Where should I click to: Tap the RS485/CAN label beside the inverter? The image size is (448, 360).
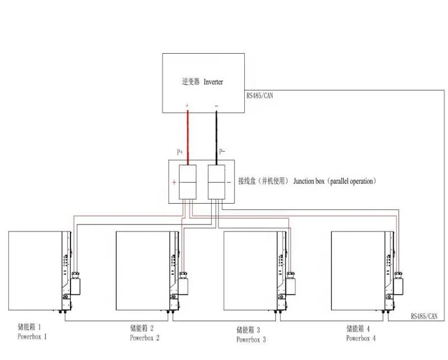click(260, 96)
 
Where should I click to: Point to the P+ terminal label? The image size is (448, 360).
click(180, 152)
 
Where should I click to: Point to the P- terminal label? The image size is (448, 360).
click(222, 152)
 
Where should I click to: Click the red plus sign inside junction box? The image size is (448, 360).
click(174, 183)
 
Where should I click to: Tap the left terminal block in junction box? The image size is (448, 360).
click(187, 182)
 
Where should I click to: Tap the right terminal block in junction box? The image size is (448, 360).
click(216, 182)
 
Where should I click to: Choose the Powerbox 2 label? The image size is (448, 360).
click(145, 338)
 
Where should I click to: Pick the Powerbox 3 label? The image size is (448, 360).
click(251, 339)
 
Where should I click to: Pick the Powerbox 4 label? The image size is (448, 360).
click(361, 338)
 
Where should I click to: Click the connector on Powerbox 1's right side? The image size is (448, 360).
click(76, 278)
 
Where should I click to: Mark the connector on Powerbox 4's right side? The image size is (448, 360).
click(399, 278)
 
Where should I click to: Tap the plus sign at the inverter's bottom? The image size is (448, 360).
click(187, 105)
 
